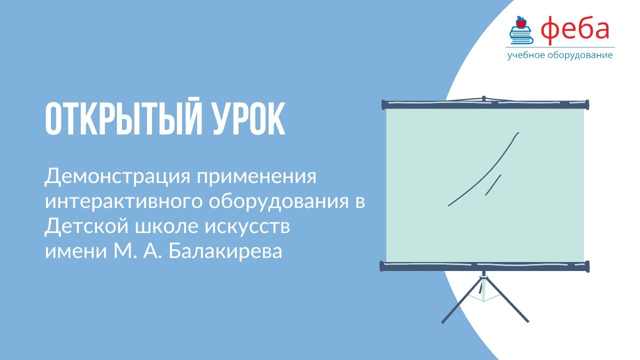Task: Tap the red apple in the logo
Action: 521,21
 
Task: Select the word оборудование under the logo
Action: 582,55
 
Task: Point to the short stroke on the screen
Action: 493,184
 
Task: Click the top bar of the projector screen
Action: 485,104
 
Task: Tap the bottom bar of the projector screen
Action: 485,266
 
